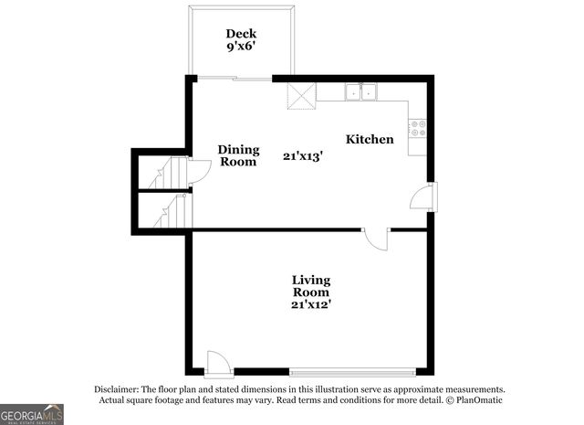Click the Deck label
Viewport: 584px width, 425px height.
pos(241,34)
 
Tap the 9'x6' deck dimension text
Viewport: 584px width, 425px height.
pos(241,48)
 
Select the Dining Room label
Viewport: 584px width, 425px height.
pos(237,155)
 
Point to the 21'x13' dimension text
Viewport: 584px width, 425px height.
pos(302,156)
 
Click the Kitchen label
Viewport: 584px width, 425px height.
pos(370,139)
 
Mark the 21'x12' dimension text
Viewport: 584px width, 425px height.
pos(310,304)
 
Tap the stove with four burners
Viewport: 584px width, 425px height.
pos(417,129)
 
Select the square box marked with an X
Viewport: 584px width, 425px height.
pos(301,94)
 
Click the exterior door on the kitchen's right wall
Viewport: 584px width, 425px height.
pos(424,196)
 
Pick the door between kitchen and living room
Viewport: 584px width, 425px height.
pos(375,239)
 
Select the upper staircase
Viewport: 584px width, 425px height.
pos(168,174)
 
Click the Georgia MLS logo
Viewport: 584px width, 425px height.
pos(32,414)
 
